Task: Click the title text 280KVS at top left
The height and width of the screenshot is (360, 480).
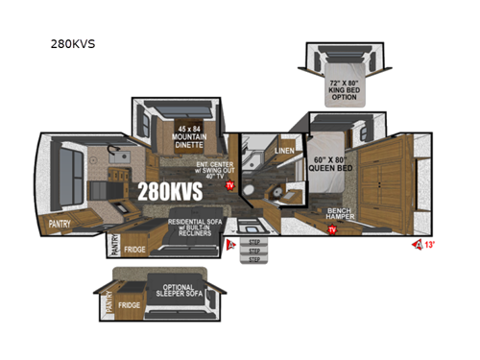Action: pyautogui.click(x=74, y=43)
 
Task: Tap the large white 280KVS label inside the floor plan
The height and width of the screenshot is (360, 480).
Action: pyautogui.click(x=170, y=191)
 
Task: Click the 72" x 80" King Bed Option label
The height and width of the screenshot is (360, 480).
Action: pyautogui.click(x=343, y=88)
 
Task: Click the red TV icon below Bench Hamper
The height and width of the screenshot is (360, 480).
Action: pyautogui.click(x=332, y=230)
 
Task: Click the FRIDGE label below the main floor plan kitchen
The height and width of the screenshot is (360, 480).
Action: pyautogui.click(x=133, y=249)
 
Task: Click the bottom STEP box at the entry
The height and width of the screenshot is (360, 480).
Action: pyautogui.click(x=253, y=258)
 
